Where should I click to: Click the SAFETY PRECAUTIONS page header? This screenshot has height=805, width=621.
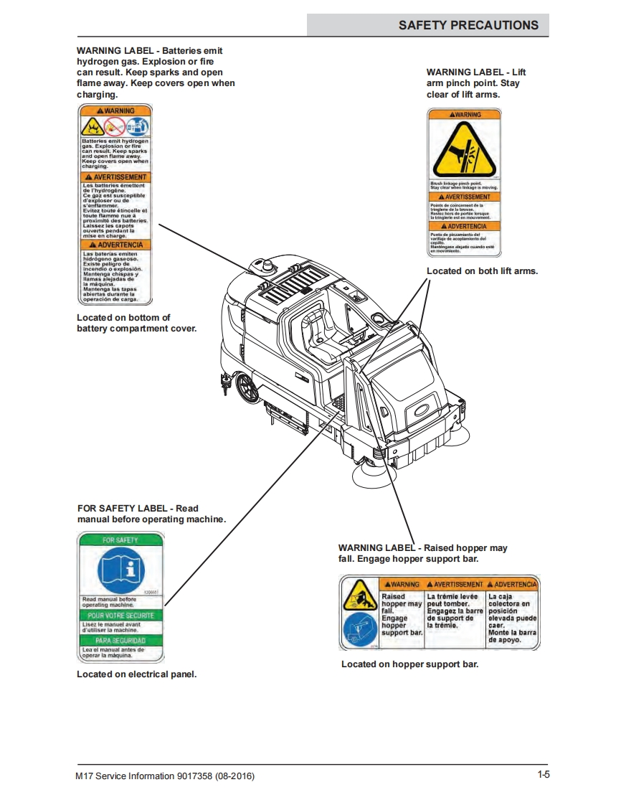coord(468,25)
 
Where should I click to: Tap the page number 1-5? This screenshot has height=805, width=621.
coord(543,774)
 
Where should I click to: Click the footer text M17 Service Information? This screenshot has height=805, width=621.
coord(165,776)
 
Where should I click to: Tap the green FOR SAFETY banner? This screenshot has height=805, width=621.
coord(120,540)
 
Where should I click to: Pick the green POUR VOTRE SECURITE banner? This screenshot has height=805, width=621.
coord(120,616)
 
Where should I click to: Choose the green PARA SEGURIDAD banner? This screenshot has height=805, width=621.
coord(120,640)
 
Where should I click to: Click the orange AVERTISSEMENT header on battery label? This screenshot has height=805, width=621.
coord(115,176)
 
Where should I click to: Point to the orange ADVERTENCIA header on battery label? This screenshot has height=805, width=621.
coord(115,245)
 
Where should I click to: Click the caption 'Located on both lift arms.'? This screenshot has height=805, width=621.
coord(482,271)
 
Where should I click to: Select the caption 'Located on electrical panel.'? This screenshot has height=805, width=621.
coord(136,674)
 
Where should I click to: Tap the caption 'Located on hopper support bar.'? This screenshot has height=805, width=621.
coord(409,664)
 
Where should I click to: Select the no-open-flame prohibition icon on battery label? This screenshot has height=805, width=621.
coord(115,127)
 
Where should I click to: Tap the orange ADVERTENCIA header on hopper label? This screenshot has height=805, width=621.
coord(513,584)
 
